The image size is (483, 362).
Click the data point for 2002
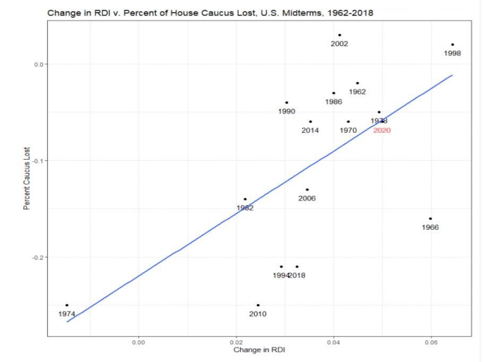(340, 35)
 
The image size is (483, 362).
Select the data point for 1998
(452, 45)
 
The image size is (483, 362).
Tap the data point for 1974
(67, 305)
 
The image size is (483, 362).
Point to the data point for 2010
(258, 305)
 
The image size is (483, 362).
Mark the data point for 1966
(430, 219)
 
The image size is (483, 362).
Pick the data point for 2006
(307, 189)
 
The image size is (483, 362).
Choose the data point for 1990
(287, 102)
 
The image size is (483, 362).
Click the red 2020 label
(382, 130)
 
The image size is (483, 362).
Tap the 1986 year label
(333, 101)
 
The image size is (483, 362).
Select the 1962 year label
(357, 92)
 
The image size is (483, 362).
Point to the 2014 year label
(310, 131)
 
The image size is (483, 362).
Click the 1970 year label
(348, 131)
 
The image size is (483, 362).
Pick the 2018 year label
(297, 275)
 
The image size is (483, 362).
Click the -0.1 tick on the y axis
(37, 161)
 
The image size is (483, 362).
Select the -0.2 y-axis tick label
(37, 257)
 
